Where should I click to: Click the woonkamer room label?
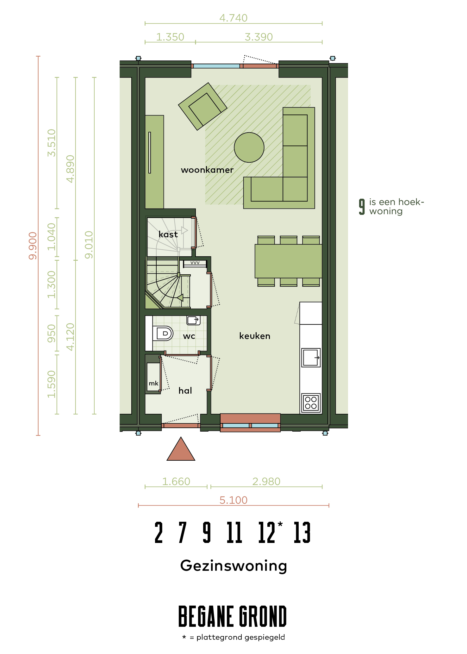coord(207,170)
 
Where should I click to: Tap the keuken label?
coord(255,336)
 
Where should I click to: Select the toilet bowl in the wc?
coord(163,333)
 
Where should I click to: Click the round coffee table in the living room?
coord(249,147)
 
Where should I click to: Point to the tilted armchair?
coord(202,106)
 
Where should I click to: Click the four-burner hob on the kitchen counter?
coord(311,403)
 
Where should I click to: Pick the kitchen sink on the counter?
coord(311,358)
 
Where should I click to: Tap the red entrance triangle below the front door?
coord(181,449)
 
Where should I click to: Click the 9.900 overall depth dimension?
coord(33,246)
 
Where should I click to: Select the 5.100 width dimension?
coord(233,500)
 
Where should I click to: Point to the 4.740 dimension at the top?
coord(233,18)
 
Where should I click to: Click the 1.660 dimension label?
coord(176,482)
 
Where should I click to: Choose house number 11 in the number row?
coord(234,533)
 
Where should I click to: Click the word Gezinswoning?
coord(233,566)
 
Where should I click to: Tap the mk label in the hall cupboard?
coord(153,383)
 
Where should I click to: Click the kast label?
coord(168,234)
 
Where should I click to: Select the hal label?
coord(185,390)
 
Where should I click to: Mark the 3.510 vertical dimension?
coord(52,143)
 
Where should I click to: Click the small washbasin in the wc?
coord(193,320)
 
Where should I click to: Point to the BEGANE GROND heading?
coord(233,616)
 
